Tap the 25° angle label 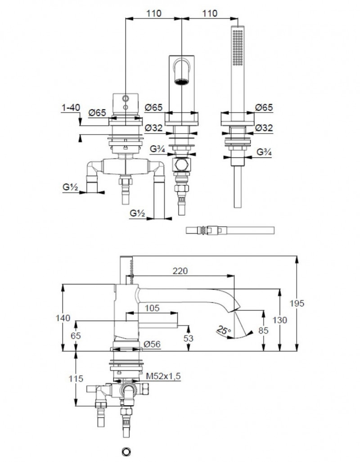coord(223,331)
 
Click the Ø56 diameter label coord(153,344)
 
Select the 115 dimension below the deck coord(77,379)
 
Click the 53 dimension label coord(188,337)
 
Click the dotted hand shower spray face coord(237,45)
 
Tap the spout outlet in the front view coord(181,81)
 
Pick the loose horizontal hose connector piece coord(229,231)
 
